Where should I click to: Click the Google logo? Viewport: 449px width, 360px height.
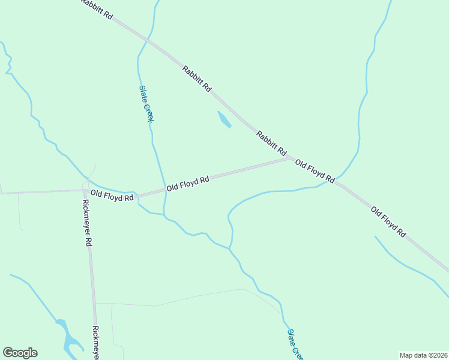pos(20,353)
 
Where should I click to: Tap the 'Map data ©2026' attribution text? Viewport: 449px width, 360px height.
pos(423,355)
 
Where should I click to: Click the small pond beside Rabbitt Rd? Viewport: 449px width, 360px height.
pos(224,119)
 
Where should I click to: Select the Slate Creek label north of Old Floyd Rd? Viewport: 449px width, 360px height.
pos(146,103)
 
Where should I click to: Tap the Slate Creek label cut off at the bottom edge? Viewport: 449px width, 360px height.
pos(295,344)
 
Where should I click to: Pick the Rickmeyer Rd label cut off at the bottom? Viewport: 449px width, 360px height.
pos(95,343)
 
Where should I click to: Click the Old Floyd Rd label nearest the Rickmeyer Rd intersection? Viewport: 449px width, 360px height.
pos(112,196)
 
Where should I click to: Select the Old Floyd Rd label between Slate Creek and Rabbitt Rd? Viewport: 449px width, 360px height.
pos(188,183)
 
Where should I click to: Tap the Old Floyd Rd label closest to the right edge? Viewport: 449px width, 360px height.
pos(388,221)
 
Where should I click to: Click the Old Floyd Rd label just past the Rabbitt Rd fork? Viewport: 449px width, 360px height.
pos(315,171)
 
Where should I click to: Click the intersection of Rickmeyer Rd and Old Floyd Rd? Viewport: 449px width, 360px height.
pos(85,191)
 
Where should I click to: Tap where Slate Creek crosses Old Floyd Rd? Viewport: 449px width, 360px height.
pos(164,190)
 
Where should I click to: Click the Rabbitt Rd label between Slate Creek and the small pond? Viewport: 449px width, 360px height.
pos(197,79)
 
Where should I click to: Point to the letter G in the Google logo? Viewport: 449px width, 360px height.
pos(8,353)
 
